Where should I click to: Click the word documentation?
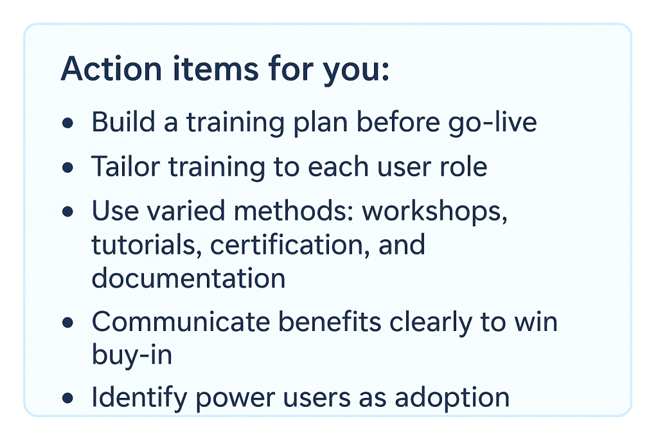click(x=188, y=278)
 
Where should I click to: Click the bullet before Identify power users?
click(x=67, y=399)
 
